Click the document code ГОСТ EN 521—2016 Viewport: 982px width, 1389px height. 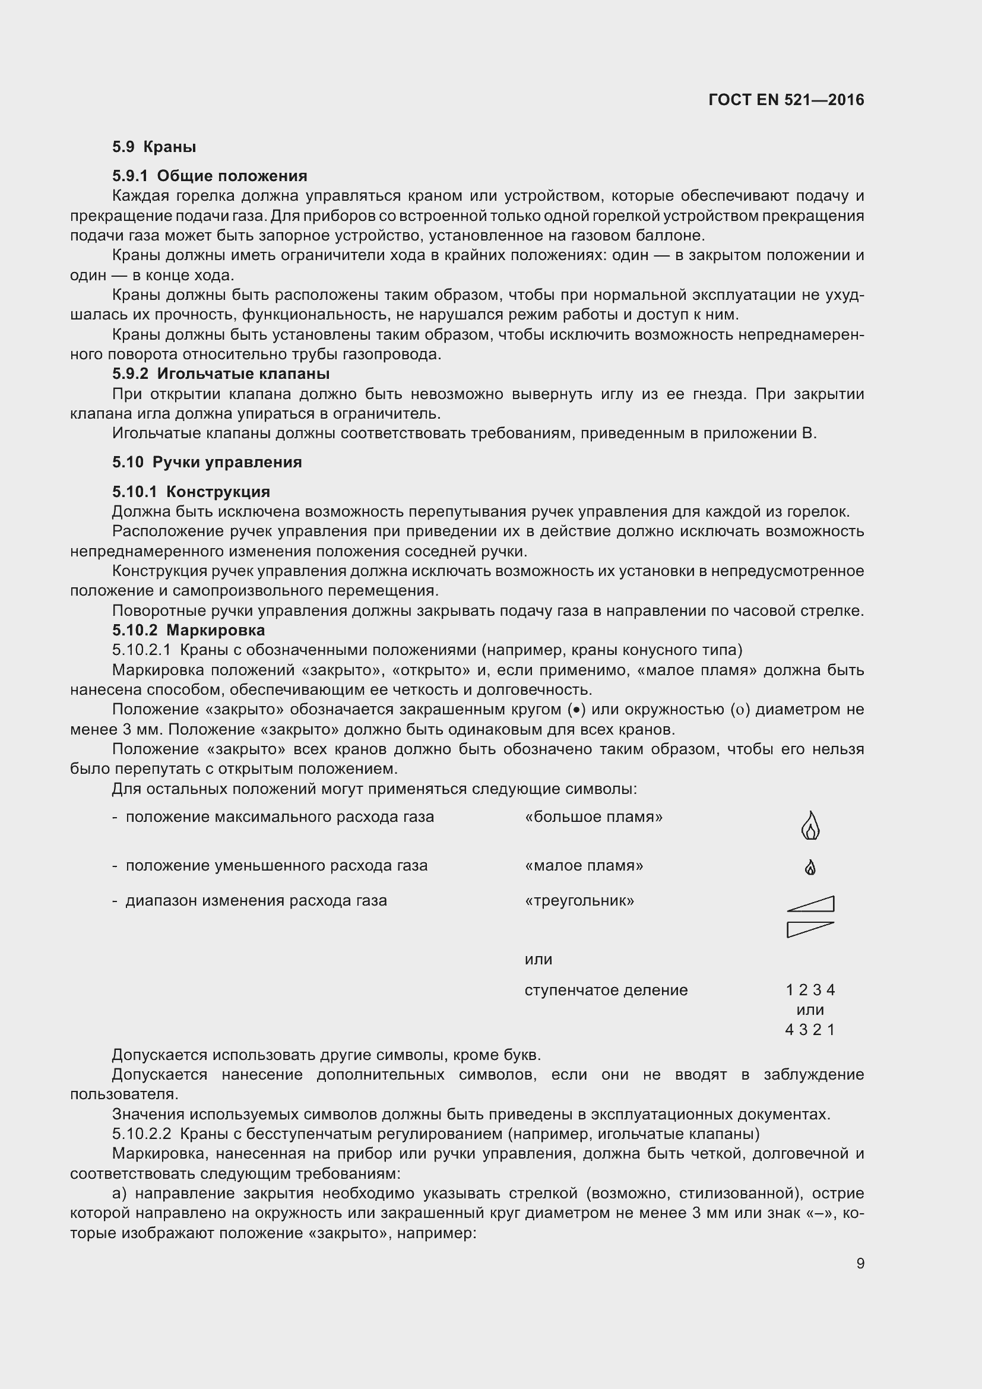[785, 100]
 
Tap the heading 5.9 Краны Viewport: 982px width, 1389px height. [154, 147]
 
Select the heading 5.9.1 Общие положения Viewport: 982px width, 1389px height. [209, 176]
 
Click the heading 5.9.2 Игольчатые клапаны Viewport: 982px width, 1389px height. [221, 374]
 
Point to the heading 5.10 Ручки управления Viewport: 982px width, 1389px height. [207, 462]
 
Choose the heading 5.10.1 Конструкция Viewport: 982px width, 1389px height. [191, 492]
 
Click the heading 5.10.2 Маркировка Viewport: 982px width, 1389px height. [188, 631]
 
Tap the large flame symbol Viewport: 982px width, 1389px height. [810, 826]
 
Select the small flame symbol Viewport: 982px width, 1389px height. [810, 868]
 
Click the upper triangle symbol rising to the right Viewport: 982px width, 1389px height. [812, 904]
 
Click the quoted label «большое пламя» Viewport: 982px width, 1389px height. [594, 817]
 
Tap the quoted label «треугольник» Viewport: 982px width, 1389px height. [579, 900]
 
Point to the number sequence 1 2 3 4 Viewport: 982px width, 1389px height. [810, 990]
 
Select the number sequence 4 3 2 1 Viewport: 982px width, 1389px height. [810, 1030]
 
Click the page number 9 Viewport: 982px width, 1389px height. [860, 1263]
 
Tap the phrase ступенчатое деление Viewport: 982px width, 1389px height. [606, 990]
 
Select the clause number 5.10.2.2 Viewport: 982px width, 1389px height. [141, 1134]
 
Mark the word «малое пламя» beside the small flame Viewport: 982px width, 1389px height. [584, 866]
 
